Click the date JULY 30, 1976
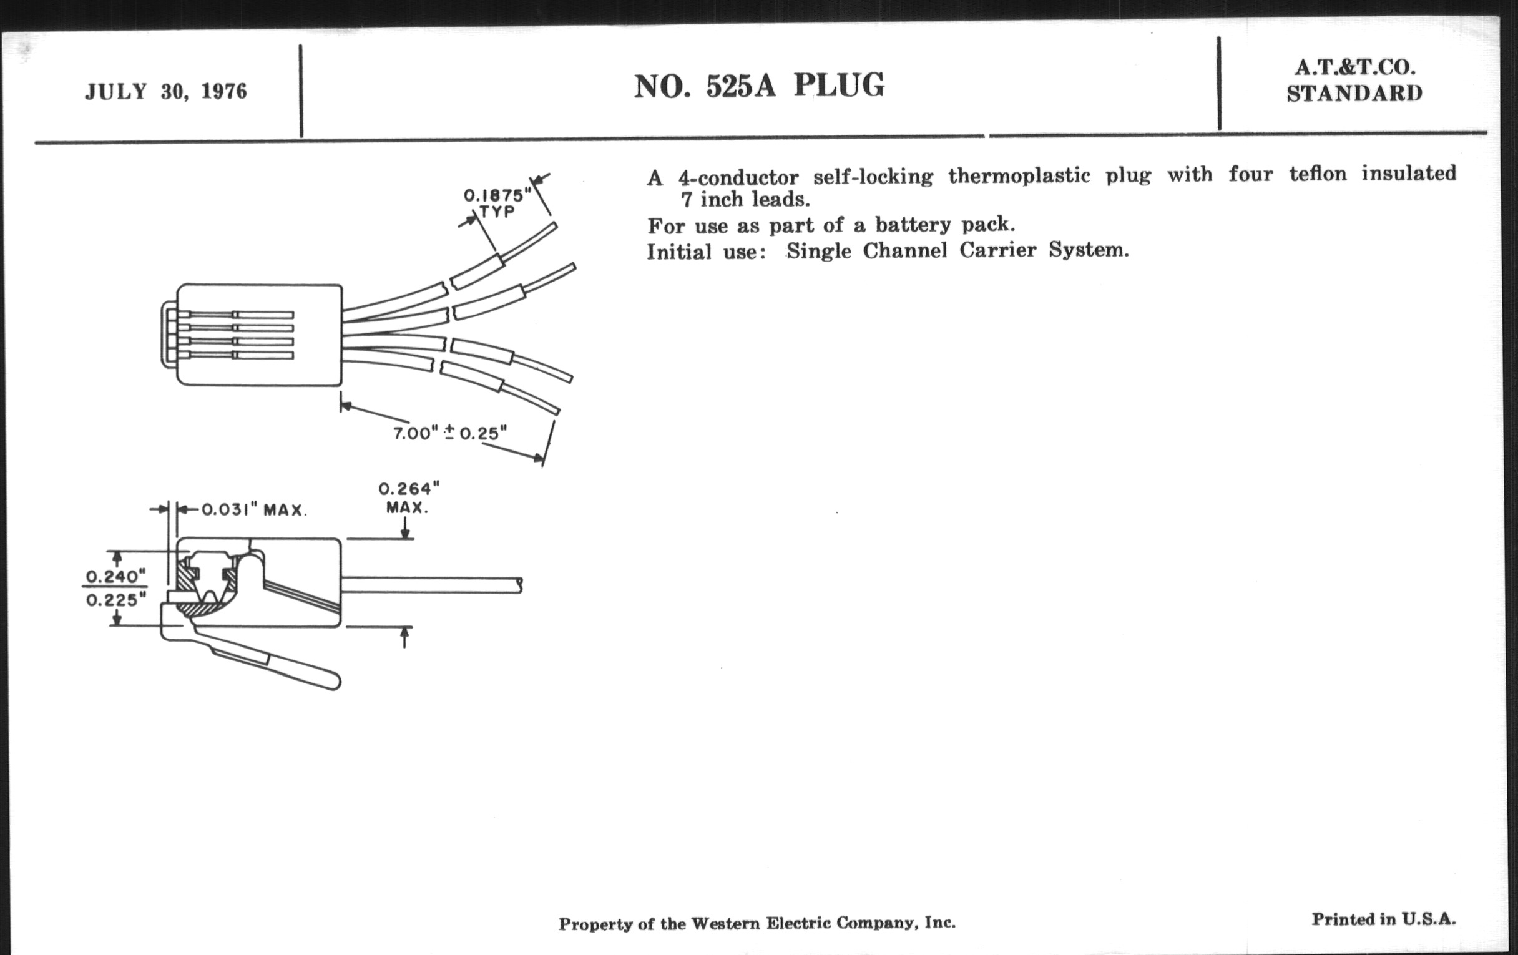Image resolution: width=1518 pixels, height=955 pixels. point(166,92)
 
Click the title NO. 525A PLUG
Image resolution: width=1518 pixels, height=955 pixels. point(759,86)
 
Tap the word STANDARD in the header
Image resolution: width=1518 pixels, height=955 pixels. point(1354,93)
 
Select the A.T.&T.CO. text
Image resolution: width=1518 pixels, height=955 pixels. point(1354,67)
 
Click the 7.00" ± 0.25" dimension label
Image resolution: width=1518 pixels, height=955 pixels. point(450,434)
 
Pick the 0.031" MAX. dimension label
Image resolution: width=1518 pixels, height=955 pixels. point(254,509)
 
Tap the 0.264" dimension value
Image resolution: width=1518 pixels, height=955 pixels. point(408,489)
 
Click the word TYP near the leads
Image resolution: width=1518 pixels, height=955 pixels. point(497,212)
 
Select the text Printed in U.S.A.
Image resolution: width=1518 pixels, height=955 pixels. point(1384,919)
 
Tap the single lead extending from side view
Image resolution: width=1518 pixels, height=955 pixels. point(431,584)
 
